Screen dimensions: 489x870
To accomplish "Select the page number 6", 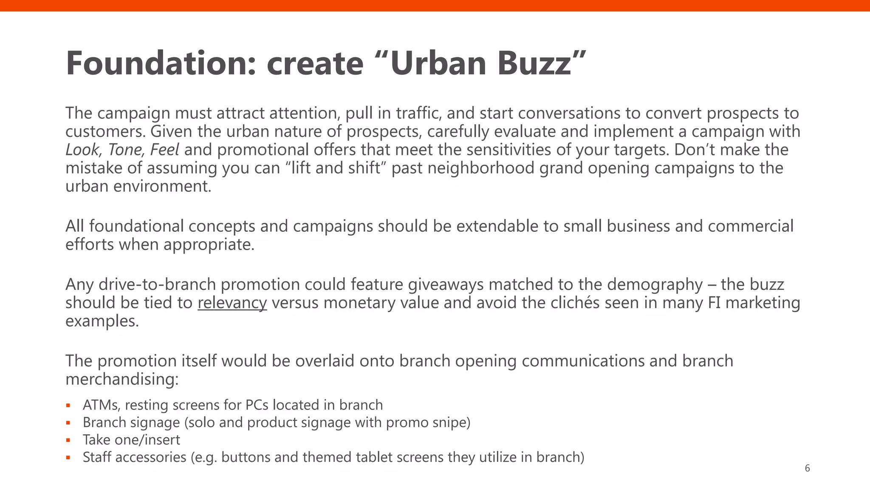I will tap(807, 468).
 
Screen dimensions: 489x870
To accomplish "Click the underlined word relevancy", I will tap(232, 303).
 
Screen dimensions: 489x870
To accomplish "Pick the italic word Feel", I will tap(164, 150).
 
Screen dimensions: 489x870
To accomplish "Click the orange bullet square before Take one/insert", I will tap(68, 440).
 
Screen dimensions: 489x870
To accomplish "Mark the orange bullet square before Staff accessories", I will tap(68, 458).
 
